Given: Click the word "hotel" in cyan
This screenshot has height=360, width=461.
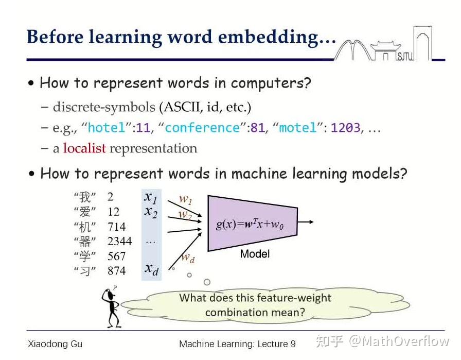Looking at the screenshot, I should [x=107, y=128].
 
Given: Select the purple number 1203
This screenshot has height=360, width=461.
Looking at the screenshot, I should [x=346, y=128].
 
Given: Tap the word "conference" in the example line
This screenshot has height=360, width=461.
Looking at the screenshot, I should [x=202, y=128].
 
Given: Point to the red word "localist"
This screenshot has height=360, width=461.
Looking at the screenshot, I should [x=84, y=148].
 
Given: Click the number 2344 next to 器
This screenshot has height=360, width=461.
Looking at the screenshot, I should [x=119, y=241].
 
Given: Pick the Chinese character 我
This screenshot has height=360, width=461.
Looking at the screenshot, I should [x=85, y=197].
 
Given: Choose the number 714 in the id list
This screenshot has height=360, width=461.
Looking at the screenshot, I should [x=116, y=227].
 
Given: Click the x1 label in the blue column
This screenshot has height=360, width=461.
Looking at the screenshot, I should [x=151, y=197].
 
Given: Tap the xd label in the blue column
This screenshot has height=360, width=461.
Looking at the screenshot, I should [x=151, y=268].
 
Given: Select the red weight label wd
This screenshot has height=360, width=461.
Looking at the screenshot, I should [x=188, y=258].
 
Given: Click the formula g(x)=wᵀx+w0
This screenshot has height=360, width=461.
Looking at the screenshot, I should [x=250, y=225].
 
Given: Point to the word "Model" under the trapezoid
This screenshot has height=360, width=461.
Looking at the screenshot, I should [x=255, y=254].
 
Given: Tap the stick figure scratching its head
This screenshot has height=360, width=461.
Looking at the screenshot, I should [x=111, y=306].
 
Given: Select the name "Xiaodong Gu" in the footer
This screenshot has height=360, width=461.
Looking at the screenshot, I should [x=55, y=344].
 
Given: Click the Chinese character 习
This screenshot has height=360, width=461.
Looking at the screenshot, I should [x=85, y=271].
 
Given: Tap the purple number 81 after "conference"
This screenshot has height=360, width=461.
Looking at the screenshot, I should [x=258, y=128].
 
